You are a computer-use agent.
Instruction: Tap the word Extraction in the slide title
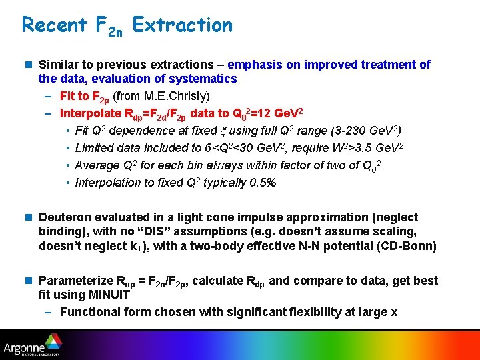[x=182, y=25]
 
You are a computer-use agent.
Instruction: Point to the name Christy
[x=189, y=97]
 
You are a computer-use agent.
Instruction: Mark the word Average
[x=97, y=165]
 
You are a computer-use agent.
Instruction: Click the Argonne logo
[x=31, y=345]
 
